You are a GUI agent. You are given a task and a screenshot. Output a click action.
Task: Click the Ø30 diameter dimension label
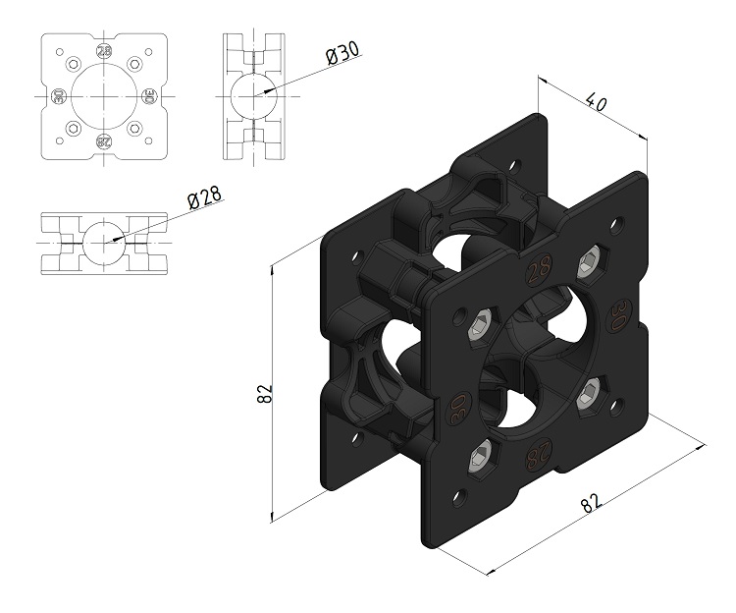(344, 53)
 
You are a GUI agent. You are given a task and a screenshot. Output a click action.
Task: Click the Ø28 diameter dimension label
(205, 196)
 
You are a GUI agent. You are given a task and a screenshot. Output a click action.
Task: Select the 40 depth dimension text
(596, 103)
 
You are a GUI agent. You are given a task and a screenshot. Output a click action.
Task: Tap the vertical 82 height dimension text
(265, 394)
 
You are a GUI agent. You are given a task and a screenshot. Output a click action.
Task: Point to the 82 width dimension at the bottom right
(591, 502)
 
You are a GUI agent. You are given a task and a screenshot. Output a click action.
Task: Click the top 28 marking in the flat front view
(104, 51)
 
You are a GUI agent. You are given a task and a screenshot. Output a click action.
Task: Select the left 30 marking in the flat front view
(58, 97)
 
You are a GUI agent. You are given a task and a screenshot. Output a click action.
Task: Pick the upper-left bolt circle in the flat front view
(74, 64)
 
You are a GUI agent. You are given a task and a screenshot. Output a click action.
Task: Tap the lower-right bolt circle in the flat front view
(134, 128)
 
